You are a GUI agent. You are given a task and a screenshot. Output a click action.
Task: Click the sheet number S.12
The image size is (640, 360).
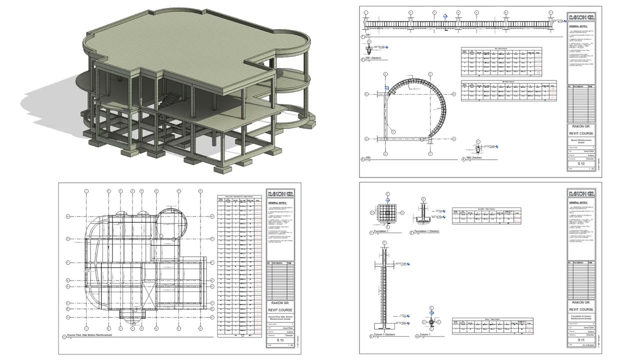(581, 163)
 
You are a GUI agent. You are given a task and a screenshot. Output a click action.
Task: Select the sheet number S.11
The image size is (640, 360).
(581, 340)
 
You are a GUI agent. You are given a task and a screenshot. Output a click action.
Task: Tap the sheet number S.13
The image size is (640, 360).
(280, 340)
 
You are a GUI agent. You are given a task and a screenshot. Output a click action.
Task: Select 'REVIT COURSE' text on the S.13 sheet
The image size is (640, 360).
(280, 309)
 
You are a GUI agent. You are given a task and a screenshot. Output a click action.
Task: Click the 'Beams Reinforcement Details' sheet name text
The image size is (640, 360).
(581, 142)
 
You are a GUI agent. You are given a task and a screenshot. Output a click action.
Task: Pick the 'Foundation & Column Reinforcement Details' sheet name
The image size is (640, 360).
(581, 318)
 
